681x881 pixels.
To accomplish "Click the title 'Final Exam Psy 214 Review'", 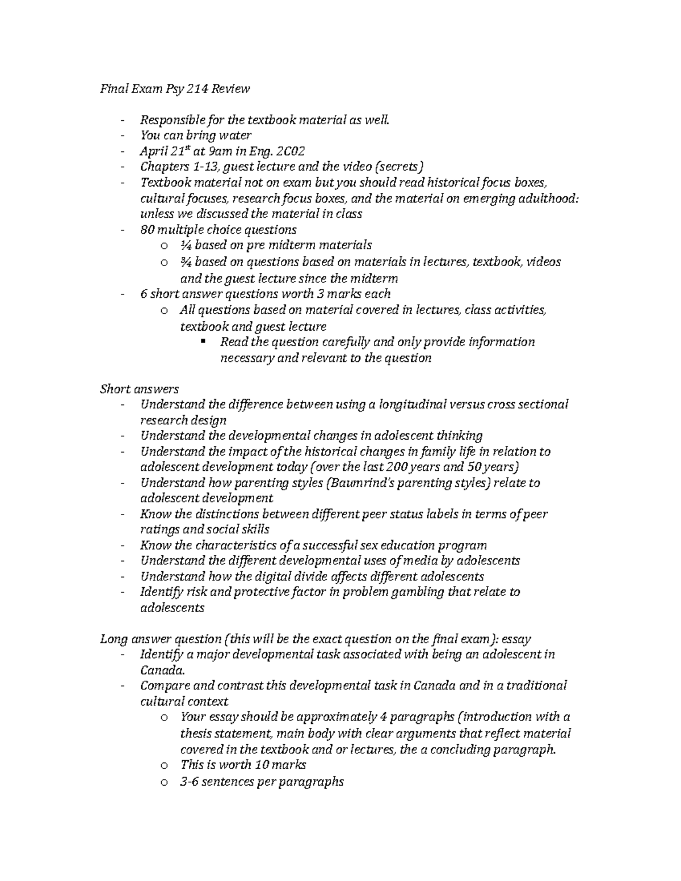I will coord(175,89).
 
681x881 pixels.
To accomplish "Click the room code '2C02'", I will coord(289,151).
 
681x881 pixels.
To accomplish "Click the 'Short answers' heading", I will coord(139,389).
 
